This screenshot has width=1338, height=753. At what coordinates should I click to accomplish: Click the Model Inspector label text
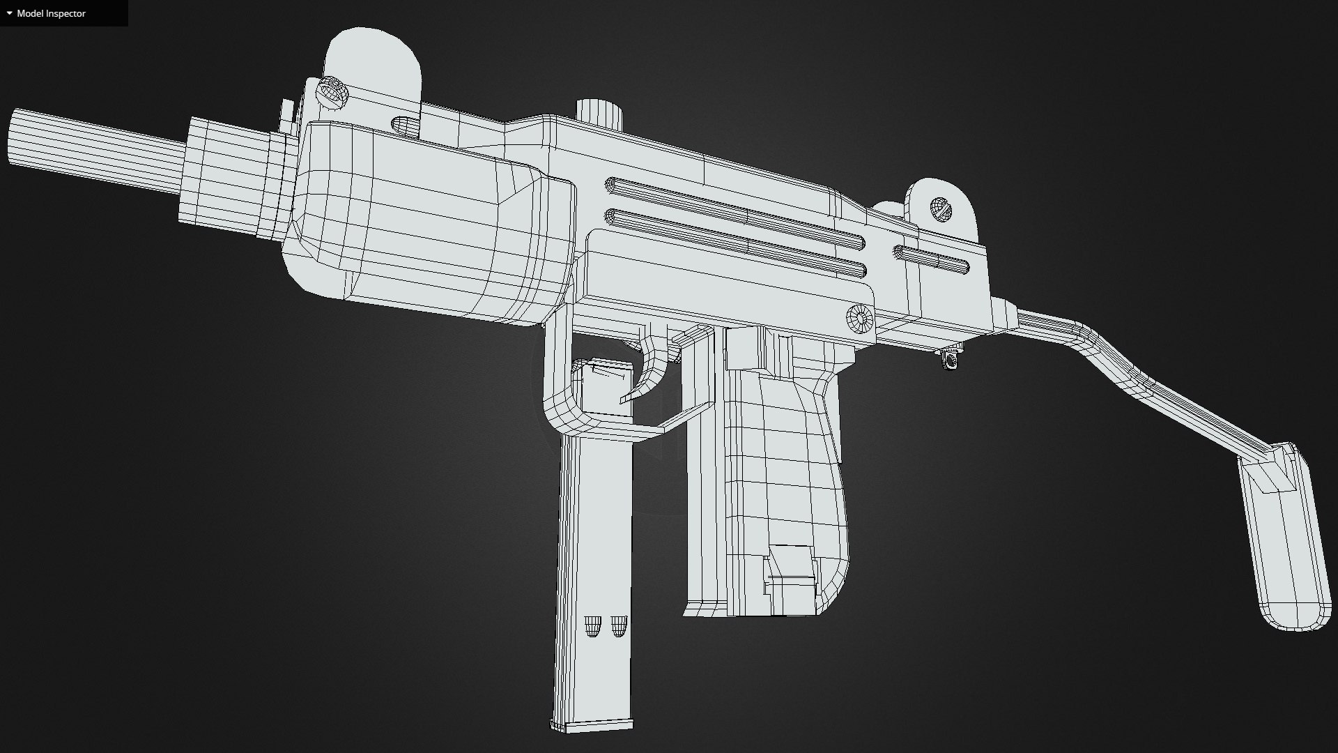(51, 13)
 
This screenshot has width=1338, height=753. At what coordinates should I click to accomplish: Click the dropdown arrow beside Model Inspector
(9, 13)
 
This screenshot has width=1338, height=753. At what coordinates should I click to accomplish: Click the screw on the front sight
(332, 93)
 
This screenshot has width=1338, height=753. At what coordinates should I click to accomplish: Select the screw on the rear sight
(940, 209)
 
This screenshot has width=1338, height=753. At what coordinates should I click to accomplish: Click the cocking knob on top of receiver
(599, 113)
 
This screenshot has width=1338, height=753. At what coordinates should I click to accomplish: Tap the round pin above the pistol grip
(860, 319)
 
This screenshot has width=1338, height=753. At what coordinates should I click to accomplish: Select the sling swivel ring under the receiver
(950, 360)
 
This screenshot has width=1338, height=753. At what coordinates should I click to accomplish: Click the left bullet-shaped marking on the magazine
(592, 625)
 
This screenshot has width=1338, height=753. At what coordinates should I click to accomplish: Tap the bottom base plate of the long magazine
(592, 725)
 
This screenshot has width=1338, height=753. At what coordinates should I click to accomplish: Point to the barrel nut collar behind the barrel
(237, 178)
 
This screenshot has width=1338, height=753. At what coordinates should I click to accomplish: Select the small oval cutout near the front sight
(405, 126)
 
